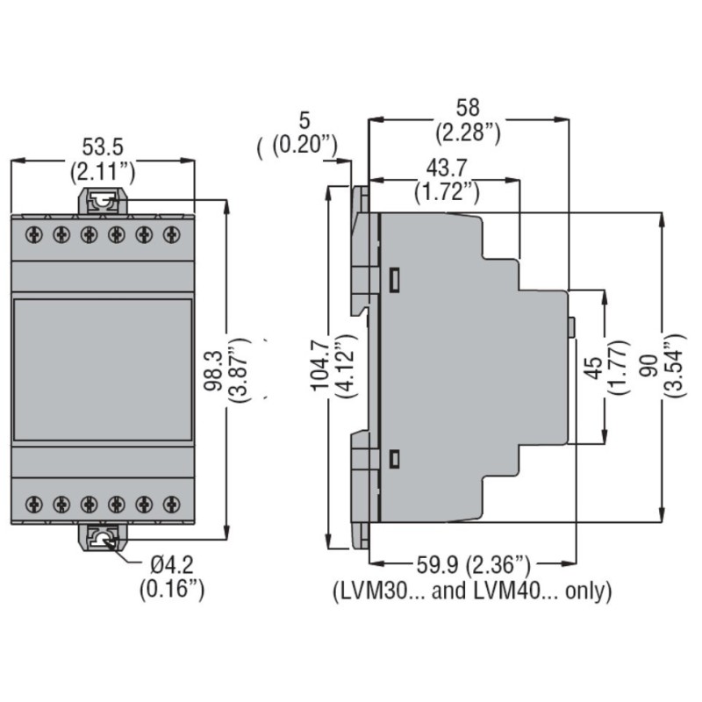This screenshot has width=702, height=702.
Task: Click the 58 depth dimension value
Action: [x=468, y=108]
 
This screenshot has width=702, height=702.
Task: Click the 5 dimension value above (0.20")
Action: [x=304, y=120]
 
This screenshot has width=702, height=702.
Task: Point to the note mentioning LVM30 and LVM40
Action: [x=471, y=591]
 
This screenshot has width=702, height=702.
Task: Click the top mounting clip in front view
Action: [x=103, y=202]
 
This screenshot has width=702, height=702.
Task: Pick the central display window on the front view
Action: [x=103, y=369]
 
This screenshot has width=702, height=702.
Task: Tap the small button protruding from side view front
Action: [x=571, y=327]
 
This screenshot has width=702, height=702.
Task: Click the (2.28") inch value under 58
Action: [x=468, y=133]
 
